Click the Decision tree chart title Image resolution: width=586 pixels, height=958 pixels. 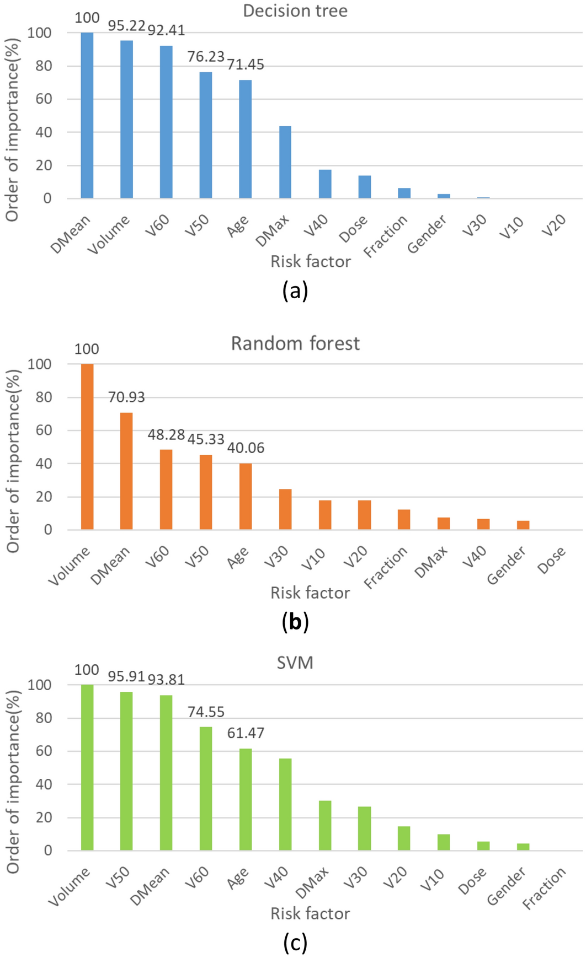click(x=295, y=11)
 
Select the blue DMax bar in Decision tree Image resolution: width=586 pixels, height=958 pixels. click(x=285, y=162)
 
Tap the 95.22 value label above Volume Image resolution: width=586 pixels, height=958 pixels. click(x=126, y=26)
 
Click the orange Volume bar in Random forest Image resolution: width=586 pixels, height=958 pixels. click(x=87, y=446)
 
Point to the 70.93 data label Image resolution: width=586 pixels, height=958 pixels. click(x=126, y=397)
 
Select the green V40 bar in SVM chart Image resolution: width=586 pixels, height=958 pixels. click(x=285, y=804)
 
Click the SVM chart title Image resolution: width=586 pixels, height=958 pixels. click(x=295, y=662)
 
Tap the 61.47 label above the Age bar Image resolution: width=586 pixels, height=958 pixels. click(x=246, y=733)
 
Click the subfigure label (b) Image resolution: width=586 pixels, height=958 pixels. click(x=295, y=622)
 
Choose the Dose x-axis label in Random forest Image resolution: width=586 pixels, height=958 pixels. click(x=552, y=560)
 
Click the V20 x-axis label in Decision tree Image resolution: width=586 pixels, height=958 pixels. click(x=554, y=226)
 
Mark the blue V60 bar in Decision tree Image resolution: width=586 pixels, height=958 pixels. click(x=166, y=122)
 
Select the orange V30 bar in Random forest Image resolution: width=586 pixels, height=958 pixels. click(x=285, y=509)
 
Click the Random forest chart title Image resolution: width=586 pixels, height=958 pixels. click(x=295, y=343)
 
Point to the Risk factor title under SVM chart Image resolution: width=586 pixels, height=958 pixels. click(x=310, y=913)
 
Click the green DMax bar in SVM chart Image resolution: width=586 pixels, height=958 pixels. click(x=324, y=825)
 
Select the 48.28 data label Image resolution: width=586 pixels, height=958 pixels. click(x=166, y=435)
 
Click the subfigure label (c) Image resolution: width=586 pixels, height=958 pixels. click(x=295, y=943)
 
